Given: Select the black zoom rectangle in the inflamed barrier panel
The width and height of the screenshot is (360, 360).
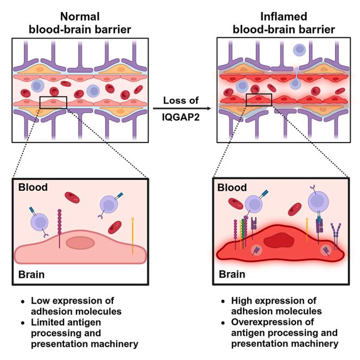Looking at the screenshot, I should tap(258, 100).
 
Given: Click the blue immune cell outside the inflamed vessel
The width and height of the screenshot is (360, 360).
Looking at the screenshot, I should tap(300, 50).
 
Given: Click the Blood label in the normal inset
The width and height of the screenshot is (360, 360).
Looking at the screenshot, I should tap(33, 188).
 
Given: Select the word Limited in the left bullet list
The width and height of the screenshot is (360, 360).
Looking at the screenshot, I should tap(47, 322).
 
